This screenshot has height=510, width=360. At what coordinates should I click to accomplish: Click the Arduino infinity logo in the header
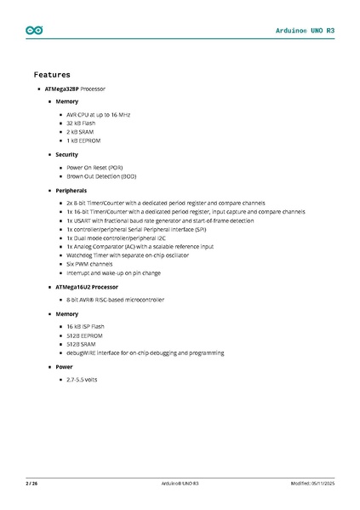tap(34, 30)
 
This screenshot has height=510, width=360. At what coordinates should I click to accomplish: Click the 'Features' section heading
tap(52, 75)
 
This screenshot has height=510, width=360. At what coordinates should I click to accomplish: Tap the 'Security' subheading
tap(67, 155)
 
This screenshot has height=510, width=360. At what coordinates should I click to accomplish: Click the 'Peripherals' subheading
tap(71, 190)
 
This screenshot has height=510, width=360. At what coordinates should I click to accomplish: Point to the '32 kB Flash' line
tap(82, 123)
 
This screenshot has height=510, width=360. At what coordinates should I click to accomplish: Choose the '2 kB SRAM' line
tap(81, 133)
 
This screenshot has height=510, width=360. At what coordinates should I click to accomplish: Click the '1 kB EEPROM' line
tap(83, 141)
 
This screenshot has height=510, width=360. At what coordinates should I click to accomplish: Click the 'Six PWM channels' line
tap(89, 264)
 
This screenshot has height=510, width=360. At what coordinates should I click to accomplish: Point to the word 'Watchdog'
tap(79, 255)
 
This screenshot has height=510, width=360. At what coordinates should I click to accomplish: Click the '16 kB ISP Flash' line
tap(85, 326)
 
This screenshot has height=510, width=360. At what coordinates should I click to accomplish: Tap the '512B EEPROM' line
tap(83, 335)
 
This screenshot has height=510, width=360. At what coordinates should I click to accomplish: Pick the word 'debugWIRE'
tap(82, 352)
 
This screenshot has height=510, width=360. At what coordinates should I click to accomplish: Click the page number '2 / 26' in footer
tap(31, 484)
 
